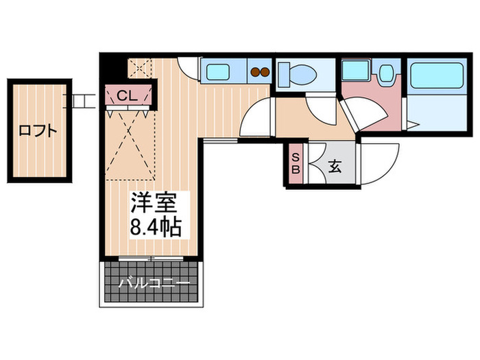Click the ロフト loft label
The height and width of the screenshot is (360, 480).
pos(38,130)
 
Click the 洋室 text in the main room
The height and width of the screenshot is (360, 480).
pos(154,204)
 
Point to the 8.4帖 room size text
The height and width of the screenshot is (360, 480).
pos(154,227)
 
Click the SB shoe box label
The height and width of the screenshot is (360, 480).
pos(296,165)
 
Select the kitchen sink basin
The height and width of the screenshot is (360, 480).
pos(220,71)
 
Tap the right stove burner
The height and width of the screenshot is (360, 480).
pos(264,70)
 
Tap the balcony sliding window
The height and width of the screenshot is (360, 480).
pos(149,259)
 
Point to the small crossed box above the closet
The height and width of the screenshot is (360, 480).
pos(141,69)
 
